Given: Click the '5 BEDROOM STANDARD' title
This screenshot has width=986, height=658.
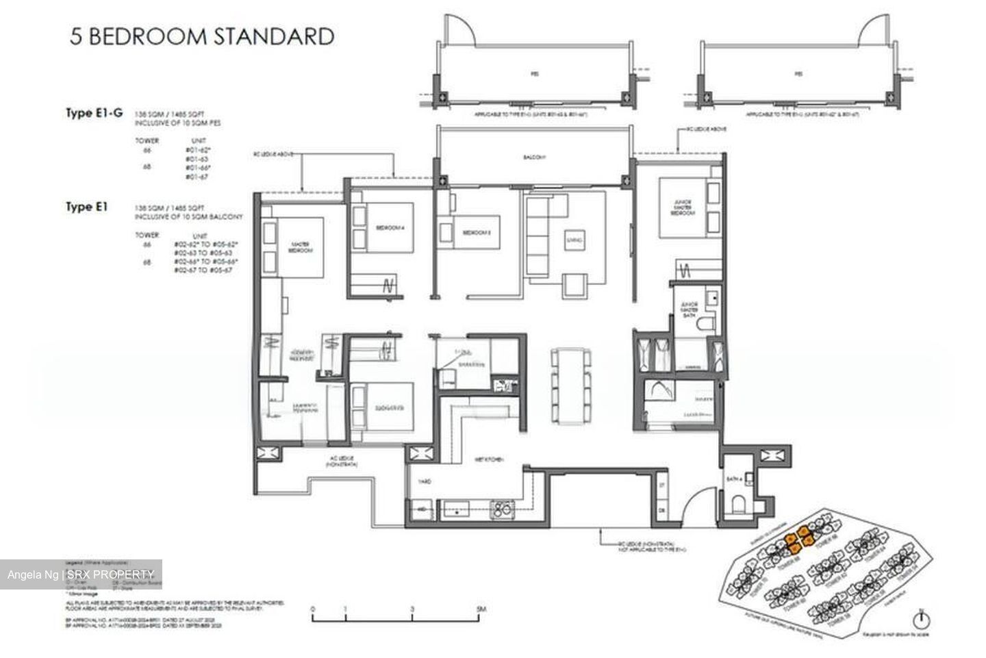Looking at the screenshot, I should [203, 36].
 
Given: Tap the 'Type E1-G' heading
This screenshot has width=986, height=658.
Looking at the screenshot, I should [94, 114].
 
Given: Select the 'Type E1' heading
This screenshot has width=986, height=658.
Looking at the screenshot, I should [87, 206].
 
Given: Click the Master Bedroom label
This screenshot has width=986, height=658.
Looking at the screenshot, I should [300, 247].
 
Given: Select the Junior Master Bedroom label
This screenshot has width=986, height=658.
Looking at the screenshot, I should [681, 208].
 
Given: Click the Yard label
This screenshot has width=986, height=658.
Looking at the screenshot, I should [425, 481].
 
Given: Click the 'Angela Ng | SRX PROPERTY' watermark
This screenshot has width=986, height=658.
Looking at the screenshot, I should [81, 574].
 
